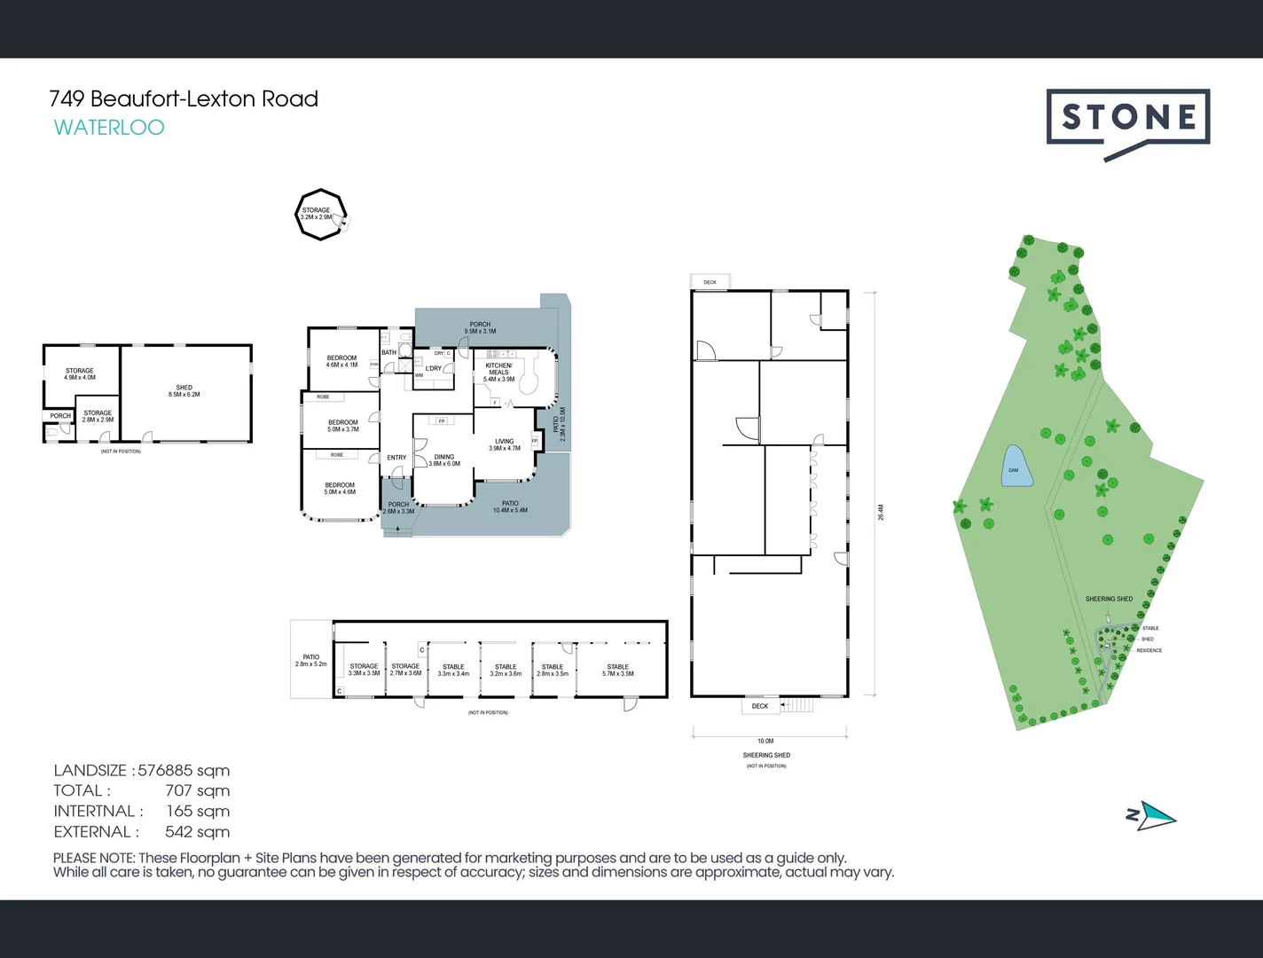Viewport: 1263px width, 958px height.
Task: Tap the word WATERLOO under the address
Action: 109,128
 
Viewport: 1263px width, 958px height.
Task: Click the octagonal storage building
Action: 319,215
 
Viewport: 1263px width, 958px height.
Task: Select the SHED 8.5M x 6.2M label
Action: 184,391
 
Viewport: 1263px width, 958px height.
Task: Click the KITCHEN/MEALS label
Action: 498,372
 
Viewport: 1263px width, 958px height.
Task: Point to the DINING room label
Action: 444,460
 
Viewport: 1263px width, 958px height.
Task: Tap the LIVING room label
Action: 505,444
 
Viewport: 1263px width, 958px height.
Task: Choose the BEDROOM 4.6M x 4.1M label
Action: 341,362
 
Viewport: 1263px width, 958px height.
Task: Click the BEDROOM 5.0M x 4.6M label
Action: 340,489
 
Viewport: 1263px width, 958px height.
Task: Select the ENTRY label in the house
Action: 396,458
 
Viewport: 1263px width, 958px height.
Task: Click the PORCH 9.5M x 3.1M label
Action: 480,328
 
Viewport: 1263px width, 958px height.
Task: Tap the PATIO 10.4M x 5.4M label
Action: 510,506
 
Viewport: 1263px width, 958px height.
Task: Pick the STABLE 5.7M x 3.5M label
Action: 617,670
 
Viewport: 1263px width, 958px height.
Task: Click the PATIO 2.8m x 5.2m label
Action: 310,661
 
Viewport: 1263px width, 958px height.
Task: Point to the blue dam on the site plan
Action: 1016,467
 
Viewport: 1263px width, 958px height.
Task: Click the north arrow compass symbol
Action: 1152,815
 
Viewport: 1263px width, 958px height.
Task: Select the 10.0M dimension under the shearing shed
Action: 765,741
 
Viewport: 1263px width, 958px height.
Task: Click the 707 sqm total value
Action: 197,791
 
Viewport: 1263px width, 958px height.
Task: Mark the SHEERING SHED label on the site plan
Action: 1109,599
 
